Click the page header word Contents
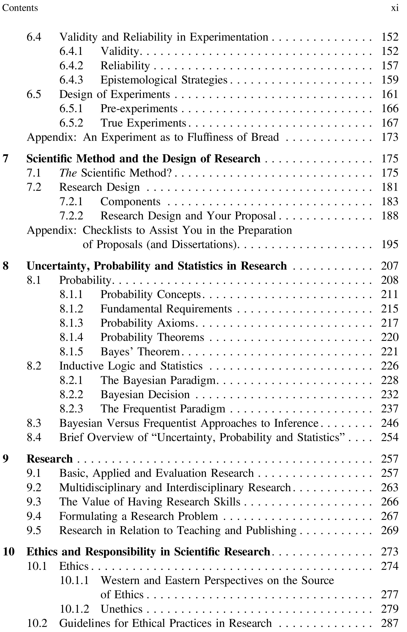point(20,8)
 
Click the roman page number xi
point(395,8)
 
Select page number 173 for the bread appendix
point(389,137)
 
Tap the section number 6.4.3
point(71,80)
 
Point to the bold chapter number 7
point(6,158)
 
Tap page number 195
point(389,244)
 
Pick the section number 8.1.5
point(71,352)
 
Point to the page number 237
point(389,409)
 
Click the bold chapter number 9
point(6,459)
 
